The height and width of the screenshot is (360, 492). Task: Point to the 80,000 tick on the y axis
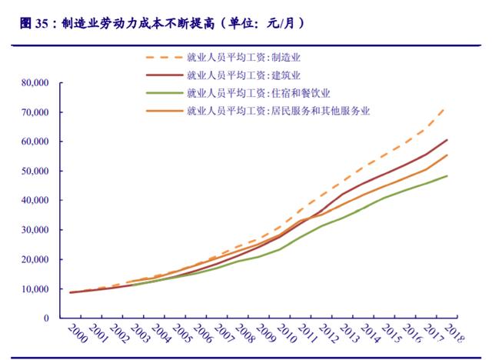coord(35,82)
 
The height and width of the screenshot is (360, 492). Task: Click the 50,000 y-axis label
coord(35,171)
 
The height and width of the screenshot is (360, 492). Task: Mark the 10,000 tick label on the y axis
coord(35,288)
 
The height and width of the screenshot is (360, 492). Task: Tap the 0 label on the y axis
coord(47,318)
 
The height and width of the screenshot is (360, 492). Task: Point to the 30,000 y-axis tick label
coord(35,229)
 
